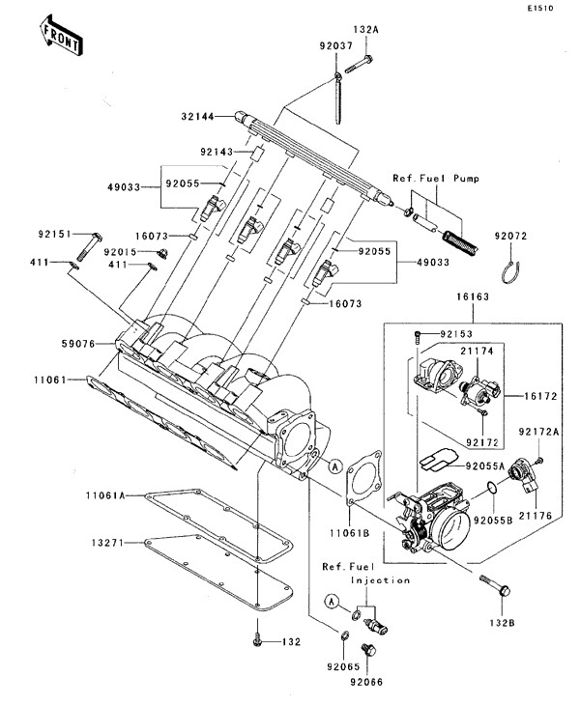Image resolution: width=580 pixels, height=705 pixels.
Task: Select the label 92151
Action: point(55,235)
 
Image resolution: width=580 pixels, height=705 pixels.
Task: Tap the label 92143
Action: point(218,152)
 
